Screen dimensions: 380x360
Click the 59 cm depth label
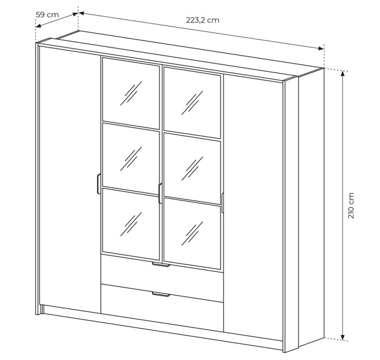(x=47, y=14)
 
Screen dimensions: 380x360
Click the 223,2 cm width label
(x=202, y=20)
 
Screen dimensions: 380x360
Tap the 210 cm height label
(x=351, y=205)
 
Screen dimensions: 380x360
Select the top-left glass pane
(x=131, y=93)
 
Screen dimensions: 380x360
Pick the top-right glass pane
(x=192, y=103)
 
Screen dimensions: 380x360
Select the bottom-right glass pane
(x=192, y=234)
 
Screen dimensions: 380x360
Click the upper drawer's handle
(x=161, y=265)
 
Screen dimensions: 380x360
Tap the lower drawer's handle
(x=161, y=294)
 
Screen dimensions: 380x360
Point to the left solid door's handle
(x=99, y=184)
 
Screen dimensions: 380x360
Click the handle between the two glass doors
(x=160, y=193)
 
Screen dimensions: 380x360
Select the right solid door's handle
(x=222, y=203)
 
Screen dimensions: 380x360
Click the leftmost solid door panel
(x=70, y=180)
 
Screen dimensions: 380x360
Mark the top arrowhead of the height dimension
(x=342, y=74)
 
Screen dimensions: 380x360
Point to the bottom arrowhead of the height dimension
(x=342, y=337)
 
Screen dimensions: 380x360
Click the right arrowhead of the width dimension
(x=321, y=49)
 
